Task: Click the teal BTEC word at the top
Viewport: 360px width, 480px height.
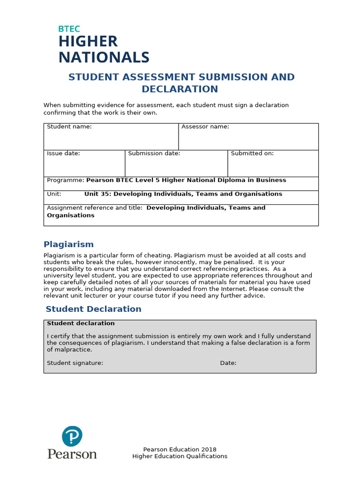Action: pyautogui.click(x=69, y=29)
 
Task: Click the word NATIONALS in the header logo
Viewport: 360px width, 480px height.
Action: pyautogui.click(x=104, y=57)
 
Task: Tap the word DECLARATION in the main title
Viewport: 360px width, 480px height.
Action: pyautogui.click(x=180, y=89)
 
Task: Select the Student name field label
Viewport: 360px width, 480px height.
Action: pyautogui.click(x=69, y=127)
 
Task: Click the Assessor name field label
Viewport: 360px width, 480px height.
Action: pyautogui.click(x=205, y=127)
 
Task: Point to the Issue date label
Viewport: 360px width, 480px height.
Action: pyautogui.click(x=63, y=153)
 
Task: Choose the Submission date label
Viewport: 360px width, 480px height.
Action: pyautogui.click(x=154, y=153)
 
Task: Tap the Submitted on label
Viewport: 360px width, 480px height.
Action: pyautogui.click(x=252, y=153)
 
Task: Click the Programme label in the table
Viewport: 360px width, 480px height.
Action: pyautogui.click(x=65, y=180)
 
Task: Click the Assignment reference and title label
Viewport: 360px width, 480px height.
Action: pyautogui.click(x=94, y=208)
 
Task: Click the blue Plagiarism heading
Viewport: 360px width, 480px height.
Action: pyautogui.click(x=68, y=244)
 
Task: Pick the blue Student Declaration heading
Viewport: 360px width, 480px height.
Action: pyautogui.click(x=93, y=309)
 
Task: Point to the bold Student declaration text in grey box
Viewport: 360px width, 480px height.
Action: pyautogui.click(x=81, y=323)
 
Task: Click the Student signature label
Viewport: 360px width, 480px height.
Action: pyautogui.click(x=75, y=363)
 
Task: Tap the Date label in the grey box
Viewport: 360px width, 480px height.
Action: pyautogui.click(x=228, y=363)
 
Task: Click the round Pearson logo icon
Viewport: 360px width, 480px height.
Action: pyautogui.click(x=72, y=436)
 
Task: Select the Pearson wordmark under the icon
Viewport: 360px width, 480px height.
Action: pyautogui.click(x=72, y=454)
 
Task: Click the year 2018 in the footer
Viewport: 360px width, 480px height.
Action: pyautogui.click(x=208, y=450)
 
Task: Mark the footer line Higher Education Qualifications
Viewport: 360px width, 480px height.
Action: pyautogui.click(x=180, y=456)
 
